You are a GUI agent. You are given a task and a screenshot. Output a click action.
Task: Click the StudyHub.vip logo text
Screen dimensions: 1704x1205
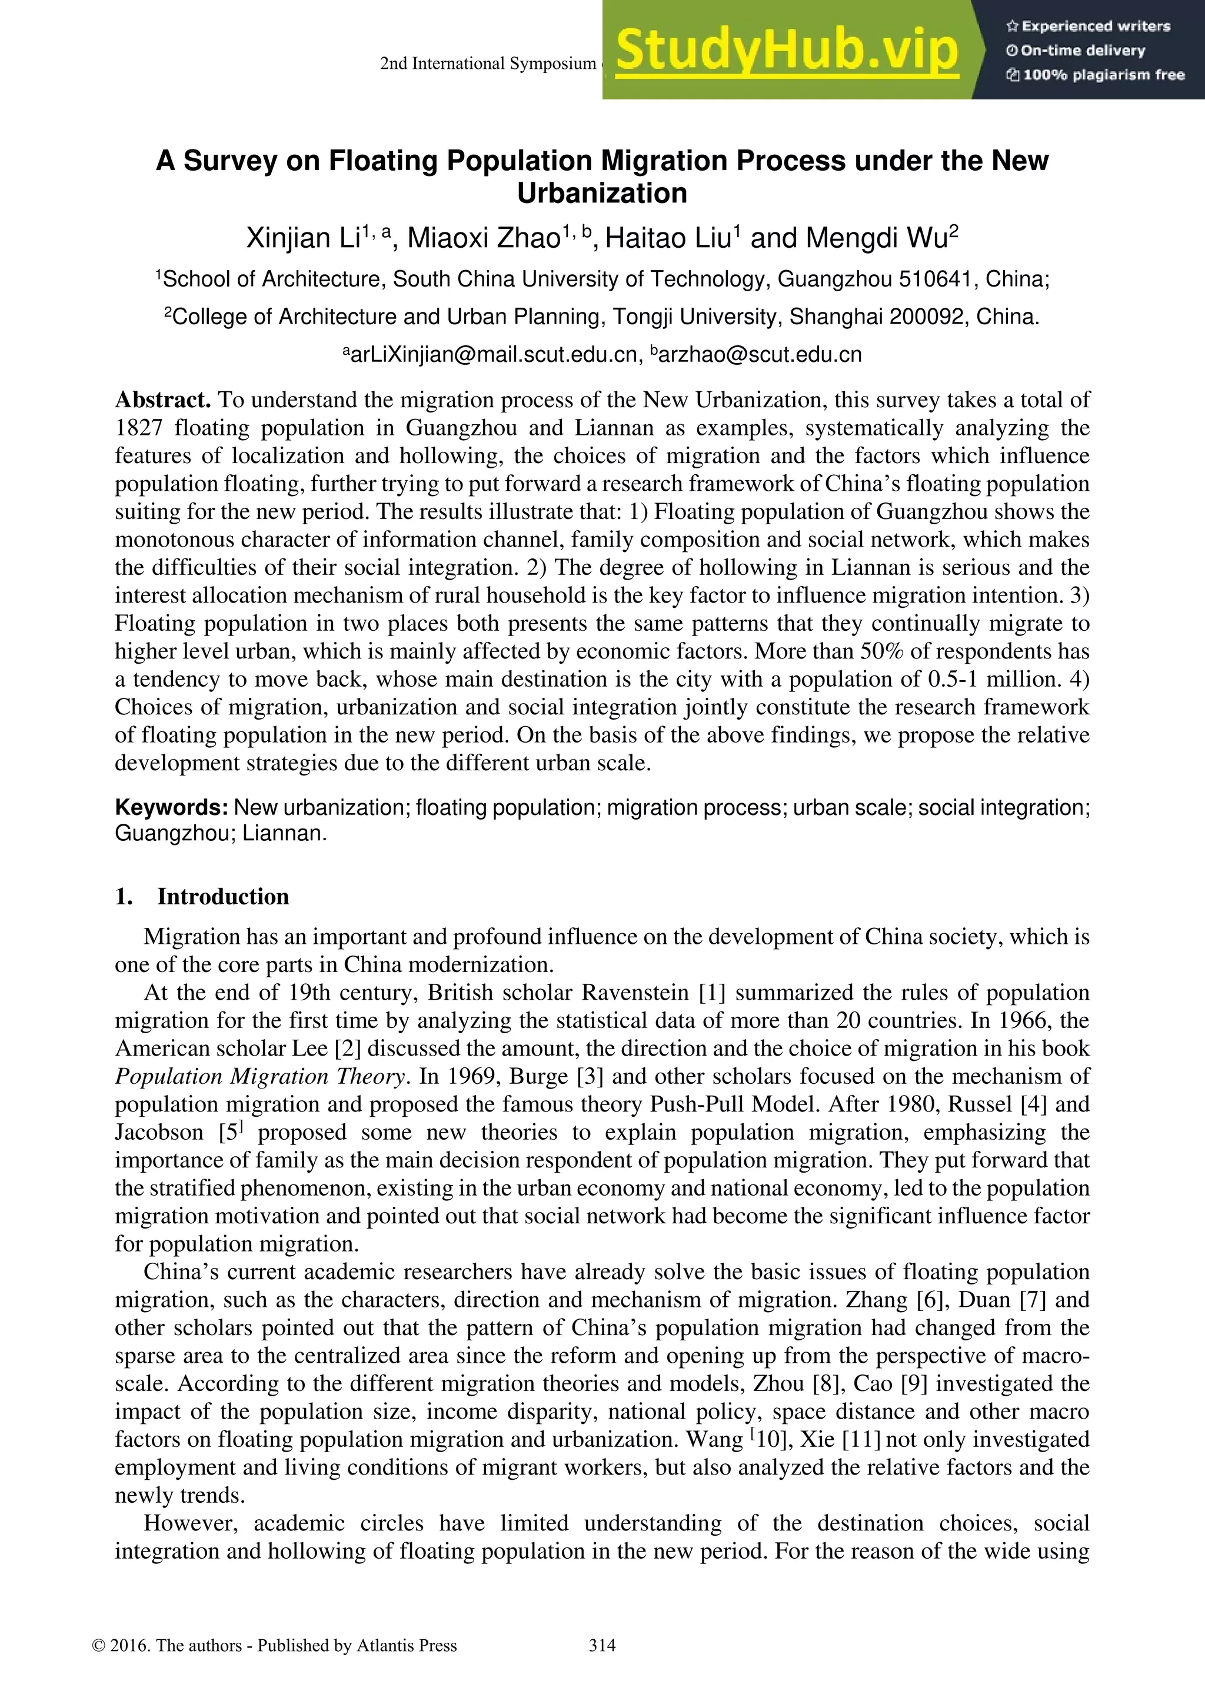click(x=787, y=51)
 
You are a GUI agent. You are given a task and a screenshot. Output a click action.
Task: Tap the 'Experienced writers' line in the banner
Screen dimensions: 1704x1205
click(x=1088, y=26)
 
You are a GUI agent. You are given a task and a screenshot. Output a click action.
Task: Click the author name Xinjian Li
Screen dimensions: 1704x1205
click(x=303, y=238)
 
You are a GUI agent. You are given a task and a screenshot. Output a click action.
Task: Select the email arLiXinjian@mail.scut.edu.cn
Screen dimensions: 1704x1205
click(x=492, y=355)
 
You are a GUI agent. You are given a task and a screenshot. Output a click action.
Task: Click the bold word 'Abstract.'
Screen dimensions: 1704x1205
click(x=163, y=400)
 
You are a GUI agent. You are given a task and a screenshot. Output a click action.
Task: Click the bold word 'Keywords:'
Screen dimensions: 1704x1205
click(x=171, y=807)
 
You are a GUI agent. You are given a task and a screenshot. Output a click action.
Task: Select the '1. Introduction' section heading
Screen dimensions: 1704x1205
click(x=202, y=897)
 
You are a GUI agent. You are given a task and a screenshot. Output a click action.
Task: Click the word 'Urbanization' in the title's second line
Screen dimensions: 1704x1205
click(x=602, y=193)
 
